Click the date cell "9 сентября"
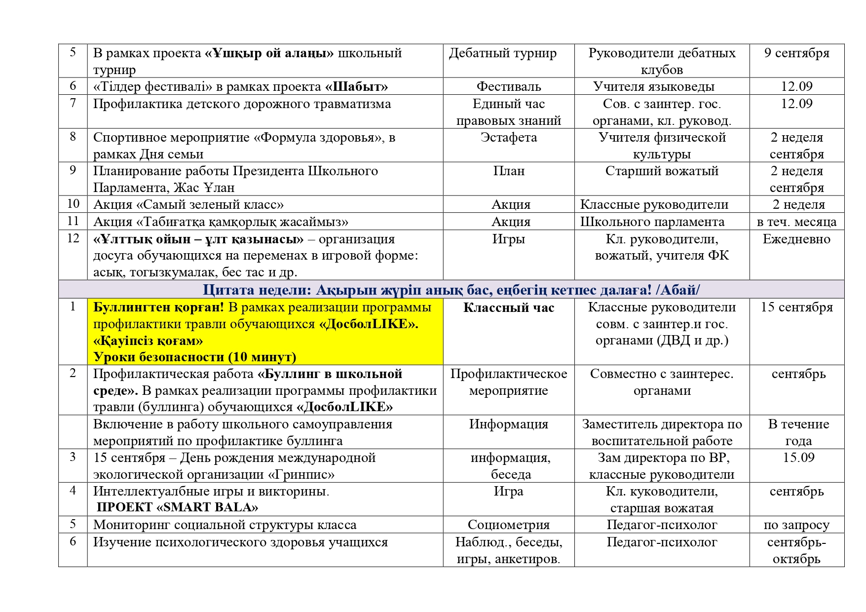click(796, 53)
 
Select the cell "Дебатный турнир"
click(502, 53)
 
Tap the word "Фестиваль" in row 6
click(508, 86)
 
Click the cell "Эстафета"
click(508, 137)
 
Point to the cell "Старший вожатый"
click(661, 171)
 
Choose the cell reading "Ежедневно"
click(796, 239)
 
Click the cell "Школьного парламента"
click(652, 222)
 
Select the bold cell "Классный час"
click(508, 307)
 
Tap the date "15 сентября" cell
click(796, 307)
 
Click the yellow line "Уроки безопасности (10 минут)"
click(195, 357)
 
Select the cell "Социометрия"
click(508, 525)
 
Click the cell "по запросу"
click(796, 525)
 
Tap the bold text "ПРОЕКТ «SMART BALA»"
click(177, 507)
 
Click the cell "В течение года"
click(798, 432)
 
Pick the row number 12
click(73, 239)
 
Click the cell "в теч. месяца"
click(796, 222)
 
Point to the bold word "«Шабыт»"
click(356, 86)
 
